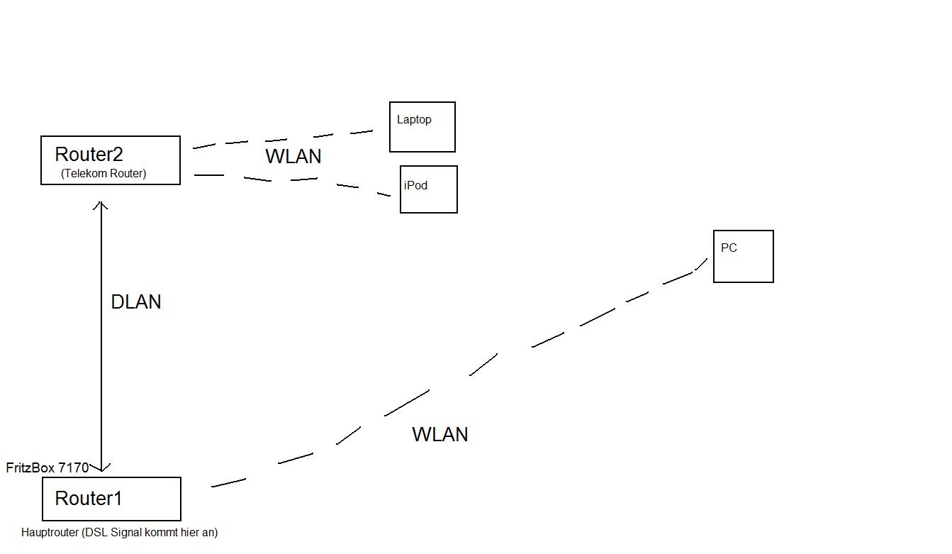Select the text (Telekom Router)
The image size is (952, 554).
(103, 173)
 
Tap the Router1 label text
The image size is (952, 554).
(89, 499)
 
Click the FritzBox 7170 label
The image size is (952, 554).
(47, 467)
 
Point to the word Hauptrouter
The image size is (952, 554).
(50, 532)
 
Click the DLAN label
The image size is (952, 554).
(136, 302)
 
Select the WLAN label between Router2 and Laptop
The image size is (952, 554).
(293, 157)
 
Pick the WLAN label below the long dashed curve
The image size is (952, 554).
(440, 435)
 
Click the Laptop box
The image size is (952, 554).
(422, 128)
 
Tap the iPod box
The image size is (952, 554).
(429, 190)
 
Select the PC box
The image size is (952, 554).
(744, 257)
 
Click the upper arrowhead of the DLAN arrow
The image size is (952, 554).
(101, 204)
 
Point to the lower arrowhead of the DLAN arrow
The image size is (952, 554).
(102, 467)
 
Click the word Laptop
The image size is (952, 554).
(414, 120)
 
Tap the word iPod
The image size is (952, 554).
(416, 186)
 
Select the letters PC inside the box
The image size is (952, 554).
(729, 248)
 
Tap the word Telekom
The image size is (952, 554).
(87, 173)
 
